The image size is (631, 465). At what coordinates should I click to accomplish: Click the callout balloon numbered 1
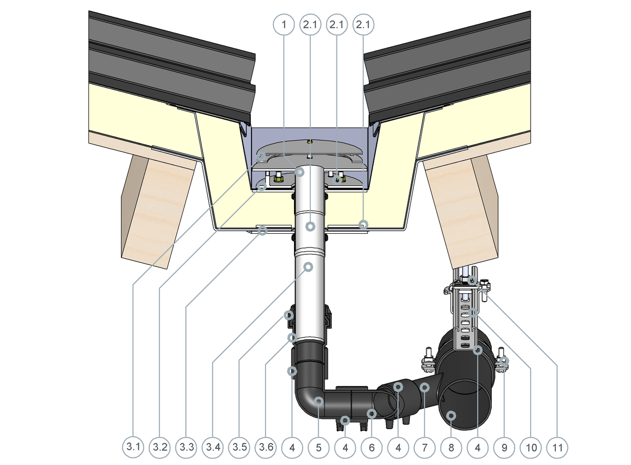[x=283, y=25]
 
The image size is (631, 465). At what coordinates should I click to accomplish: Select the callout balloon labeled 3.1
[x=133, y=447]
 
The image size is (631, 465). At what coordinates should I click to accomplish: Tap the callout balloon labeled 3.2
[x=159, y=447]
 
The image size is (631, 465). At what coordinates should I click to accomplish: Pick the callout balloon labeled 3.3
[x=186, y=447]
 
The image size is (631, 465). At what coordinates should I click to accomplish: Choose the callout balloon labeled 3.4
[x=212, y=447]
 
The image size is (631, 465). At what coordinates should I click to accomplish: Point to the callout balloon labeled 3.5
[x=239, y=447]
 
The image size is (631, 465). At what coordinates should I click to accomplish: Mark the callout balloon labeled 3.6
[x=266, y=447]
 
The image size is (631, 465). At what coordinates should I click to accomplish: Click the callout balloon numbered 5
[x=319, y=448]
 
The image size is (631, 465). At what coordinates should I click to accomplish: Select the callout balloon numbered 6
[x=372, y=448]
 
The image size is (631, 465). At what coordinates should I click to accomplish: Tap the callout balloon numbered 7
[x=424, y=448]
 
